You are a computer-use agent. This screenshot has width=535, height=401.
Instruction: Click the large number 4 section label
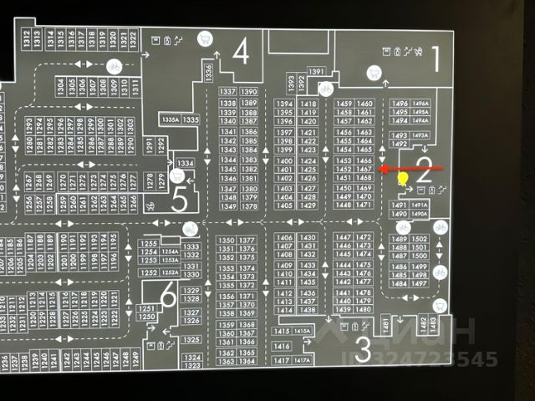241,54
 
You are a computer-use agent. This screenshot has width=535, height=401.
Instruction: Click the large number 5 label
179,200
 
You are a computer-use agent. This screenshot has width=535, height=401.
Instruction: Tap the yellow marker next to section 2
402,178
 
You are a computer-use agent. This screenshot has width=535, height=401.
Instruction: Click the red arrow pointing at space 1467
410,169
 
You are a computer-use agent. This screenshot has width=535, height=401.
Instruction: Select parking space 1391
316,73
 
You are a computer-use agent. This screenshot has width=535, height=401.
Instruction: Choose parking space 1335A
170,120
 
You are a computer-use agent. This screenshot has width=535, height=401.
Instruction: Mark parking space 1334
186,162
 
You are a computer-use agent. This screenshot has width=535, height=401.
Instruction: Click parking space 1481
386,324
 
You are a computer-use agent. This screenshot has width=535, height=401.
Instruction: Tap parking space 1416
282,346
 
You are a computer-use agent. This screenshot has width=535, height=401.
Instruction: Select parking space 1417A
302,360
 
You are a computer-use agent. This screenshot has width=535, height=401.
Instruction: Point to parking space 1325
191,340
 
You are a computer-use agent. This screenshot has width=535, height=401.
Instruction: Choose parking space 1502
420,239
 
